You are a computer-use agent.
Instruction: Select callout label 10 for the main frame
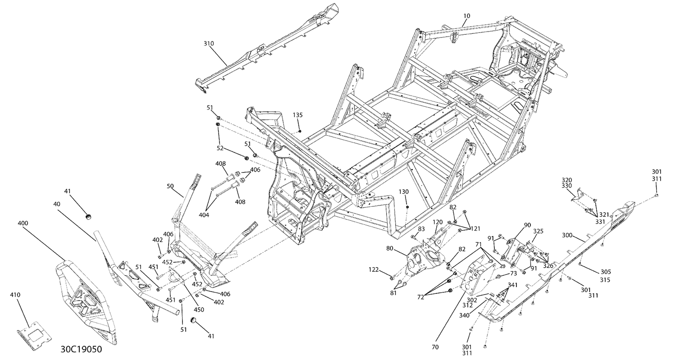[x=466, y=16]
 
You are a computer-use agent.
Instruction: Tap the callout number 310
[x=209, y=44]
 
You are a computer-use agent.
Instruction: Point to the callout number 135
[x=297, y=115]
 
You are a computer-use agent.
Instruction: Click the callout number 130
[x=403, y=192]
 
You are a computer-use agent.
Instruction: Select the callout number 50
[x=170, y=186]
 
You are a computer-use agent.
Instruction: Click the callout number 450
[x=199, y=310]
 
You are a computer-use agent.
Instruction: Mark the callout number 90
[x=527, y=225]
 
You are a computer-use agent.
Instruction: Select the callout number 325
[x=538, y=231]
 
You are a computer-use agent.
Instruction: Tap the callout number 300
[x=567, y=236]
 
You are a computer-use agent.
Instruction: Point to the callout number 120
[x=438, y=223]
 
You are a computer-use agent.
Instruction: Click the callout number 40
[x=57, y=204]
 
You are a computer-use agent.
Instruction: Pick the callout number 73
[x=513, y=274]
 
